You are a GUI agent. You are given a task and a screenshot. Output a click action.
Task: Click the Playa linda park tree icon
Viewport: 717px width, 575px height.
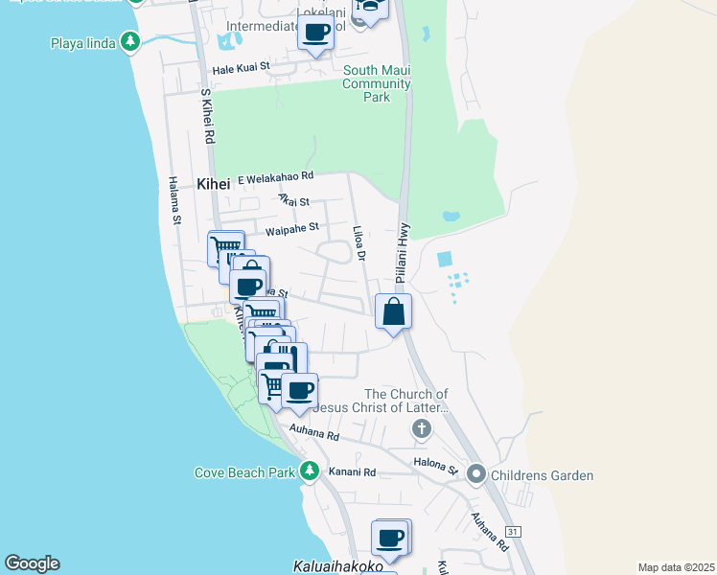pos(131,42)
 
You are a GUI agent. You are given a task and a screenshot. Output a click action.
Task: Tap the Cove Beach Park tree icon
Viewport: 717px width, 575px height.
pos(309,471)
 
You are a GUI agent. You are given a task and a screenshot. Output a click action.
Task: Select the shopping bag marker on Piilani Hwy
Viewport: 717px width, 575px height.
pos(394,311)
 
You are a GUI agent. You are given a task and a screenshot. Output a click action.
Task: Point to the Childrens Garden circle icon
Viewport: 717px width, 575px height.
pos(476,474)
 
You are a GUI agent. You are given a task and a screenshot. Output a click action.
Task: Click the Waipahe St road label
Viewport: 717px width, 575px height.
pos(291,231)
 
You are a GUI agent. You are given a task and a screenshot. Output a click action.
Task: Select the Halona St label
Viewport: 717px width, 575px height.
pos(435,467)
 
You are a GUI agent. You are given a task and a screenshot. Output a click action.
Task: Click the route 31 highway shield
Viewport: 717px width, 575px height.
pos(514,531)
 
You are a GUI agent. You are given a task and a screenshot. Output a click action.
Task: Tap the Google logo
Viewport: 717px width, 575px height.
pos(32,563)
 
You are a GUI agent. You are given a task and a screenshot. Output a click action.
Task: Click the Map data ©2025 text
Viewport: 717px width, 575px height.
pos(675,567)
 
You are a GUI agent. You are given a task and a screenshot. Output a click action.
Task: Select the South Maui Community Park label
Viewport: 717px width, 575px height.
pos(378,83)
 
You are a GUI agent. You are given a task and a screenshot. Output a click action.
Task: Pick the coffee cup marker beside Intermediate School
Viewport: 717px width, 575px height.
pos(315,32)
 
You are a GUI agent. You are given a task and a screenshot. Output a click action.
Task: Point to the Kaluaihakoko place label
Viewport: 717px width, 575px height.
pos(338,567)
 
